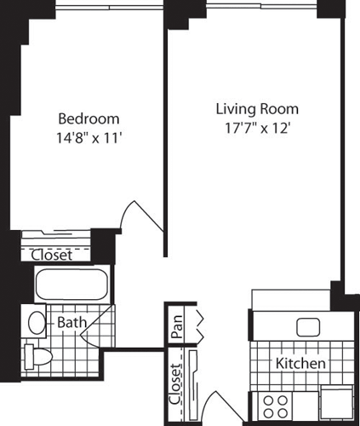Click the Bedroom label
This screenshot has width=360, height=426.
[x=88, y=118]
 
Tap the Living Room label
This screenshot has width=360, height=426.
[x=256, y=109]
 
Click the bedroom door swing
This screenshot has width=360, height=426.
[x=141, y=216]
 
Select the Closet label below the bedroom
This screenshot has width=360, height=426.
[x=52, y=255]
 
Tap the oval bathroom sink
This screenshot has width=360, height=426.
[x=37, y=322]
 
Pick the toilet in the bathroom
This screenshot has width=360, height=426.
[x=35, y=355]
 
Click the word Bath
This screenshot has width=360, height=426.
[x=71, y=322]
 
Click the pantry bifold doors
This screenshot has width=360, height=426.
[x=200, y=325]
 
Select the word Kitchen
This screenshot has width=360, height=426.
[x=300, y=363]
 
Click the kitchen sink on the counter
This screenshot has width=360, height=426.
[x=306, y=328]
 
